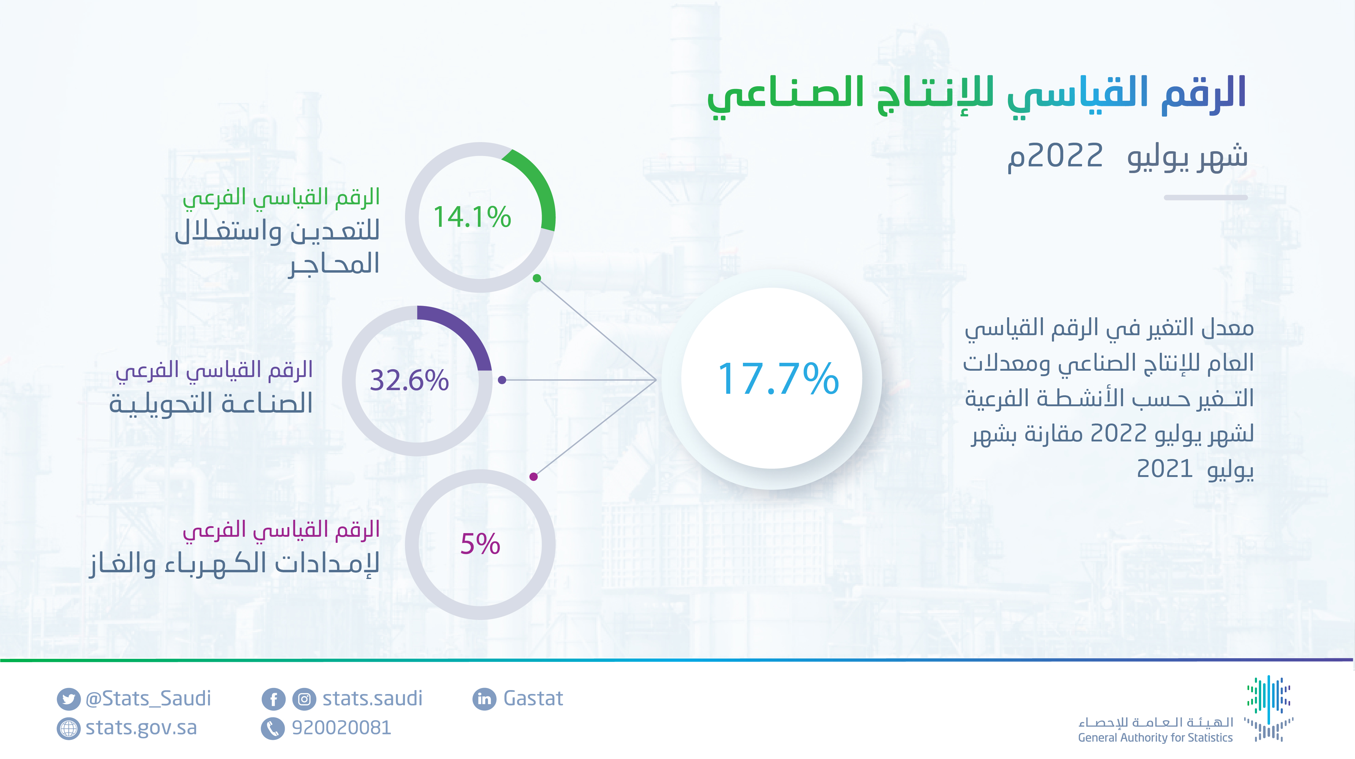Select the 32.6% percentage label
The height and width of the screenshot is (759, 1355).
[x=409, y=380]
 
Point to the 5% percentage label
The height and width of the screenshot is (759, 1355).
[x=480, y=544]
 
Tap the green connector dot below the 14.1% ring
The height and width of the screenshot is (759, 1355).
[x=536, y=278]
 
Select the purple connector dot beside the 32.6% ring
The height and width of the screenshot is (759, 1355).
[x=502, y=380]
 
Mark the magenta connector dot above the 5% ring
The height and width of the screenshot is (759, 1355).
[x=533, y=477]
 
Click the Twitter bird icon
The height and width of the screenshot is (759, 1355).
[x=68, y=699]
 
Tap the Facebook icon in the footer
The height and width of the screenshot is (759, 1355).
[x=274, y=699]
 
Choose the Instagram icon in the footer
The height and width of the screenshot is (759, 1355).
[x=304, y=699]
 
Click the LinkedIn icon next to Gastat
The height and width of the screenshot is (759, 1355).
[x=484, y=699]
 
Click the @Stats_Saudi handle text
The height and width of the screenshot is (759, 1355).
[x=148, y=699]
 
